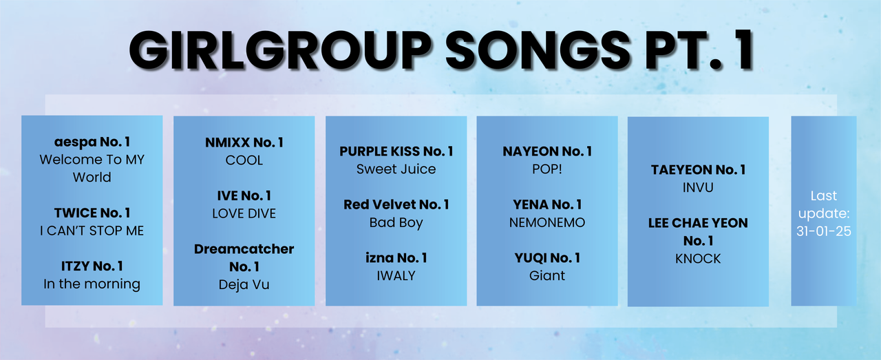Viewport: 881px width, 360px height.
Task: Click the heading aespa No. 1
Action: tap(92, 142)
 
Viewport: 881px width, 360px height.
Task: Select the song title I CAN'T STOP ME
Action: tap(92, 231)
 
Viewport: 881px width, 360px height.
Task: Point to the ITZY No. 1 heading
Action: tap(92, 266)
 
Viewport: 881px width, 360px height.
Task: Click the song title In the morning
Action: tap(92, 284)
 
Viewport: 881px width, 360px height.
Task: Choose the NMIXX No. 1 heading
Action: tap(244, 142)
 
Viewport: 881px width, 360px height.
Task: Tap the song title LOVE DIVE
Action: tap(244, 213)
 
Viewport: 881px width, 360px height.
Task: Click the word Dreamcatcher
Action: tap(244, 249)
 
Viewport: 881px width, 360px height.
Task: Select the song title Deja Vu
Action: tap(244, 284)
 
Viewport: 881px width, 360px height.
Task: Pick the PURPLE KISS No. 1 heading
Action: tap(396, 151)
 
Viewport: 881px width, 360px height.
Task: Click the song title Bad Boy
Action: tap(396, 223)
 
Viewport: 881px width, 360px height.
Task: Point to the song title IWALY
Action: tap(396, 276)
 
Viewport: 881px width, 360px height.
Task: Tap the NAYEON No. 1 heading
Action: tap(547, 151)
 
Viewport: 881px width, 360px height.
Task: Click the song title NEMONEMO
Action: tap(547, 223)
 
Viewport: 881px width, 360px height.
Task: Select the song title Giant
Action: tap(547, 276)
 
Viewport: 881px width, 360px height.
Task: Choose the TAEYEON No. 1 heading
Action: tap(699, 170)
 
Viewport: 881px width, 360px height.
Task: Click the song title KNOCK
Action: tap(699, 259)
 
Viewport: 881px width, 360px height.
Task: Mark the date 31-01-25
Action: tap(824, 231)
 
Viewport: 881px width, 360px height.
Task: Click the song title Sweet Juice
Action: tap(396, 169)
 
